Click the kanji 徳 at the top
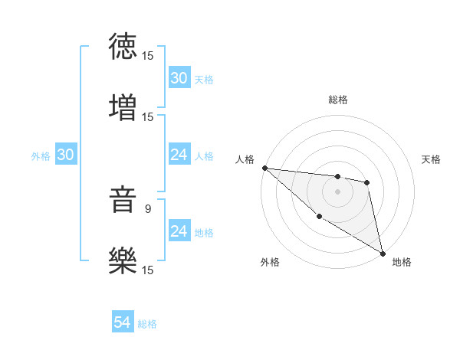123,46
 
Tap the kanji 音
123,201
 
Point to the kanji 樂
123,260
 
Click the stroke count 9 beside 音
149,207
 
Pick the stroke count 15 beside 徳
148,55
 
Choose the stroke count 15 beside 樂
148,270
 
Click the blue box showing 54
123,323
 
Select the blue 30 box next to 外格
66,155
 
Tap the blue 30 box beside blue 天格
179,78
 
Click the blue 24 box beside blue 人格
179,155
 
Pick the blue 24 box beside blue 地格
179,232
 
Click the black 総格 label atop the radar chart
338,100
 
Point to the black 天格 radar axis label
432,159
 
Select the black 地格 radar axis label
402,262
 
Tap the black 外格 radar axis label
270,262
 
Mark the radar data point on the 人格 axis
264,168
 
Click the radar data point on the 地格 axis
382,252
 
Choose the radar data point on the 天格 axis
367,182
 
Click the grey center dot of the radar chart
337,191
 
